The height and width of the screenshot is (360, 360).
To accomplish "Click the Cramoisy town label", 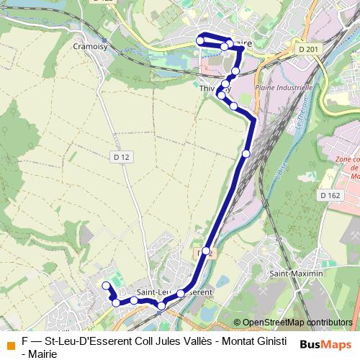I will (x=90, y=45).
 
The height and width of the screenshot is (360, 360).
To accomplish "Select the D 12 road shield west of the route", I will (x=120, y=156).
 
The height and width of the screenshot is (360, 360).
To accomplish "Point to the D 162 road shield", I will (x=330, y=195).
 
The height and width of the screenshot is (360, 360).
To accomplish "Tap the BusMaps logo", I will (x=325, y=344).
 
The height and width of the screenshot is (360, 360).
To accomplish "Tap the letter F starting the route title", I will (x=25, y=341).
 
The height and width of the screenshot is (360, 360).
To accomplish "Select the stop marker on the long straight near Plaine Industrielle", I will (x=246, y=153).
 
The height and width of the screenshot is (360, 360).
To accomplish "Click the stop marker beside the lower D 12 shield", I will (x=206, y=251).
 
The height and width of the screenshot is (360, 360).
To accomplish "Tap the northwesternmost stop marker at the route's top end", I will (x=200, y=41).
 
